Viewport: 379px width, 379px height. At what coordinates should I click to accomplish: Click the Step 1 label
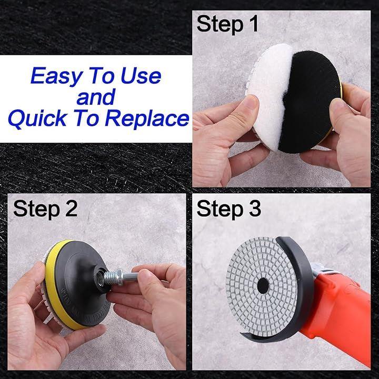(227, 24)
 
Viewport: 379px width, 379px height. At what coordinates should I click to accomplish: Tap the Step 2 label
(45, 208)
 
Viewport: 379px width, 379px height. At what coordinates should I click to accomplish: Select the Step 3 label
(228, 208)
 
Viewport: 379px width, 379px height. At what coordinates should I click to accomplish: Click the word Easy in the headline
(57, 76)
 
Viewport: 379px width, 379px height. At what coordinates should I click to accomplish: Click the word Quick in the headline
(37, 118)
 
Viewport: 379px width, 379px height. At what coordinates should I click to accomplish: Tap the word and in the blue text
(96, 97)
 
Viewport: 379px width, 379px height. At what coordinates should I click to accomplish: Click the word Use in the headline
(141, 76)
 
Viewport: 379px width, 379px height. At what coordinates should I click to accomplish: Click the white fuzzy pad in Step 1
(268, 94)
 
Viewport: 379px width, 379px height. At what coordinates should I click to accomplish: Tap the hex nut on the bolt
(119, 277)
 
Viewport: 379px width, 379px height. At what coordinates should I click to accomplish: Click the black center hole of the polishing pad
(263, 286)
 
